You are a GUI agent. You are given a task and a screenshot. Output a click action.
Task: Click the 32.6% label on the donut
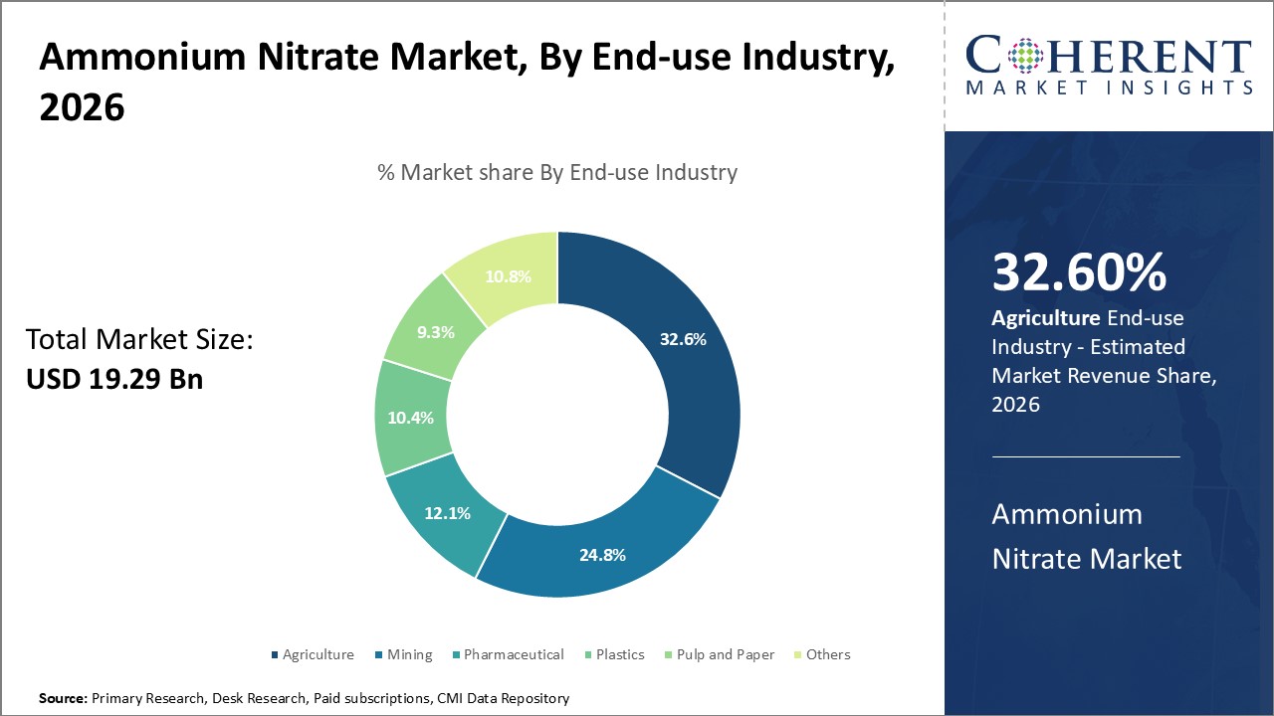[x=683, y=339]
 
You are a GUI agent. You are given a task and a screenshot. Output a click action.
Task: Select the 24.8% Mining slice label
[x=602, y=555]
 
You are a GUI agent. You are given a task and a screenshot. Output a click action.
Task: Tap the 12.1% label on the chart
[x=447, y=513]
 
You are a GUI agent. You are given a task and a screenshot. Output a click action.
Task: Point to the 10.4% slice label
[x=410, y=418]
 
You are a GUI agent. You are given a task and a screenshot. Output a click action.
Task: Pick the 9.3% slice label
[x=435, y=332]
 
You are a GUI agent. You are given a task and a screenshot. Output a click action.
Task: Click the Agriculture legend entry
[x=318, y=654]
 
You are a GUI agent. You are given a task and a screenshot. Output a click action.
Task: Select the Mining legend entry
[x=409, y=654]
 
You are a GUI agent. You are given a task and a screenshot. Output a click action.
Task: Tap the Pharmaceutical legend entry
[x=513, y=654]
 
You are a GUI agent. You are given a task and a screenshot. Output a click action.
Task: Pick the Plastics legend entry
[x=620, y=654]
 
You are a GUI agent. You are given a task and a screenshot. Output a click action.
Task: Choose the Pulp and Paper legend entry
[x=723, y=654]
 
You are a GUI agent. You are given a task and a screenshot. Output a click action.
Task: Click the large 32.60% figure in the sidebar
[x=1079, y=273]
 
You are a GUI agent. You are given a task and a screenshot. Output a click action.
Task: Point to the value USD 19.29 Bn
[x=114, y=379]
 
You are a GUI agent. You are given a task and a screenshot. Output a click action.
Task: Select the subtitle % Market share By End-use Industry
[x=557, y=172]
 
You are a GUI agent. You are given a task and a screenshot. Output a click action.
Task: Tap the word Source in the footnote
[x=63, y=699]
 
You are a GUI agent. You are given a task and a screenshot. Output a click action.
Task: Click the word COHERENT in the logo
[x=1109, y=56]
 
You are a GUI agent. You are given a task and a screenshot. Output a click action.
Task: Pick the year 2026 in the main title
[x=82, y=108]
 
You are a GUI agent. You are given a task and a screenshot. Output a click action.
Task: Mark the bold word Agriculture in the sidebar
[x=1044, y=318]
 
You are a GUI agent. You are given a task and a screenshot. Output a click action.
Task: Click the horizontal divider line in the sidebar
[x=1086, y=456]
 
